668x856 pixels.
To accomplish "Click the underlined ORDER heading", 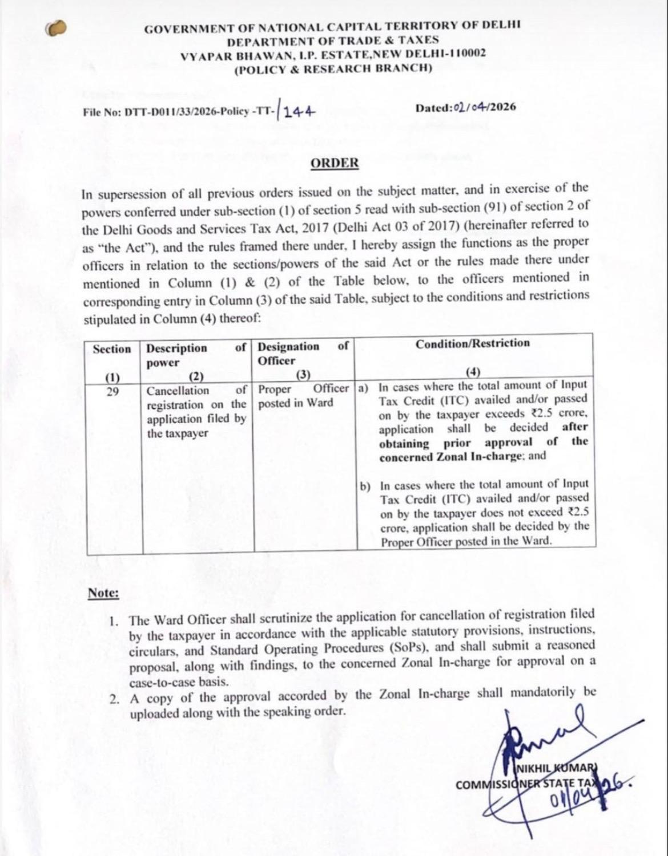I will [335, 163].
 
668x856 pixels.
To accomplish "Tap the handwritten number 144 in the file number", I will [299, 111].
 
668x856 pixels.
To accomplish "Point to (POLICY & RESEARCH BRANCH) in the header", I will [333, 68].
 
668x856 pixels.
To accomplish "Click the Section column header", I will [112, 349].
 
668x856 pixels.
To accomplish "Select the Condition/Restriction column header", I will [472, 343].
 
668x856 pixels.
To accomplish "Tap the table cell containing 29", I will [112, 391].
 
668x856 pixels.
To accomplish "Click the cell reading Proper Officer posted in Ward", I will [303, 396].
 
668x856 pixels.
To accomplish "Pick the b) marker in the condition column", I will [365, 486].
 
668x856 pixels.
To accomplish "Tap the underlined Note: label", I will [103, 594].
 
